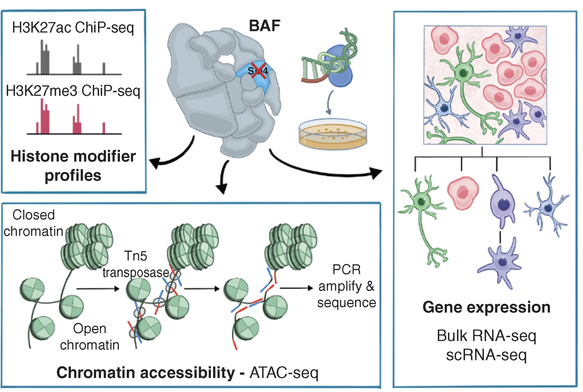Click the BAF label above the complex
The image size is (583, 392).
(x=264, y=26)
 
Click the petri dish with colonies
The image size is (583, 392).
(x=333, y=134)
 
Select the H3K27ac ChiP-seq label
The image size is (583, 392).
(x=73, y=28)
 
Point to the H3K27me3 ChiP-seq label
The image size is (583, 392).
(x=73, y=91)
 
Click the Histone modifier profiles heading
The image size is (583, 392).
(x=73, y=166)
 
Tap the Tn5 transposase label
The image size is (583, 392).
(x=136, y=264)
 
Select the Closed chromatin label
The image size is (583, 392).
(x=33, y=223)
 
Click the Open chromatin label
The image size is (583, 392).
(x=90, y=337)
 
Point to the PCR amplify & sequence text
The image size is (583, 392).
(x=346, y=286)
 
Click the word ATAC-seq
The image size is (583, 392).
(x=284, y=373)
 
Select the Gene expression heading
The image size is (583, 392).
(x=486, y=307)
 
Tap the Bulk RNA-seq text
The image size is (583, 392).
(x=486, y=336)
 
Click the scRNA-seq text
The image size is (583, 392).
(x=486, y=355)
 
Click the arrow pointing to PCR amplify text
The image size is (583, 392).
(x=296, y=288)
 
